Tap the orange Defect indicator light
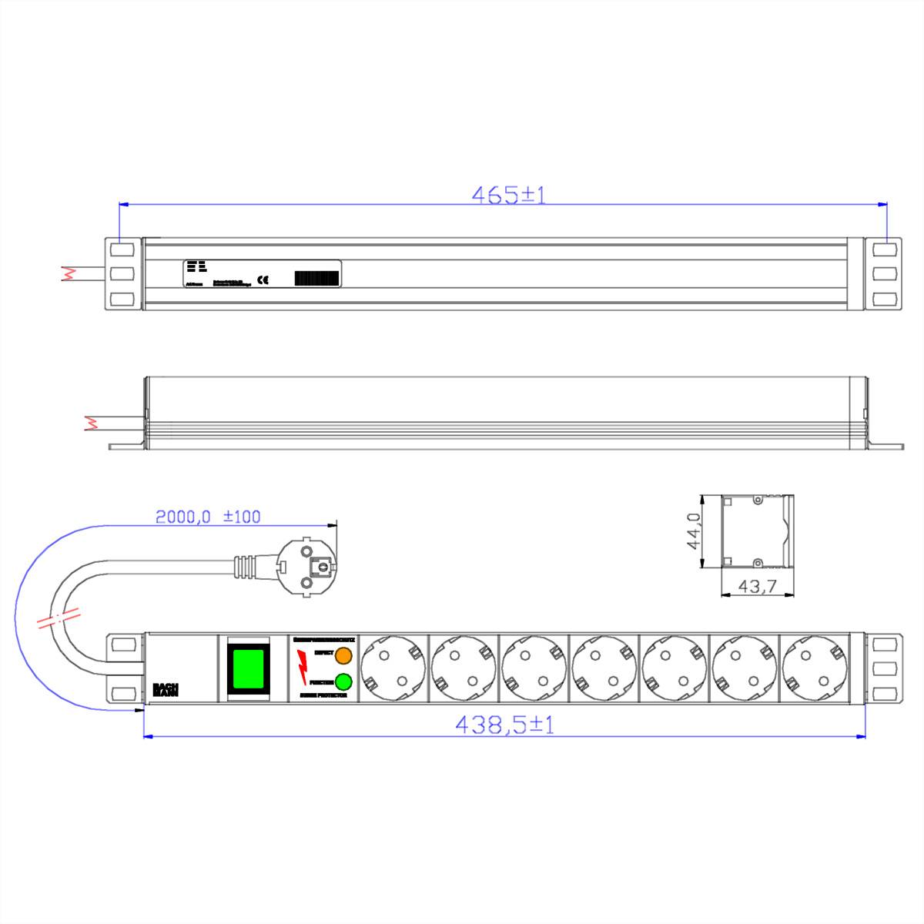click(343, 655)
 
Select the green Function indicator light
click(343, 681)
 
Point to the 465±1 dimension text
click(507, 195)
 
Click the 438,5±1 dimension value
click(504, 725)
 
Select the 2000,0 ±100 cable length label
click(208, 517)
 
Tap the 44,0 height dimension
click(693, 531)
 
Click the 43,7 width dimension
click(756, 587)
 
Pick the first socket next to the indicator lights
click(394, 668)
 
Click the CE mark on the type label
click(263, 280)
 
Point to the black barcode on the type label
click(316, 279)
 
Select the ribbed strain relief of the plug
click(245, 566)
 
